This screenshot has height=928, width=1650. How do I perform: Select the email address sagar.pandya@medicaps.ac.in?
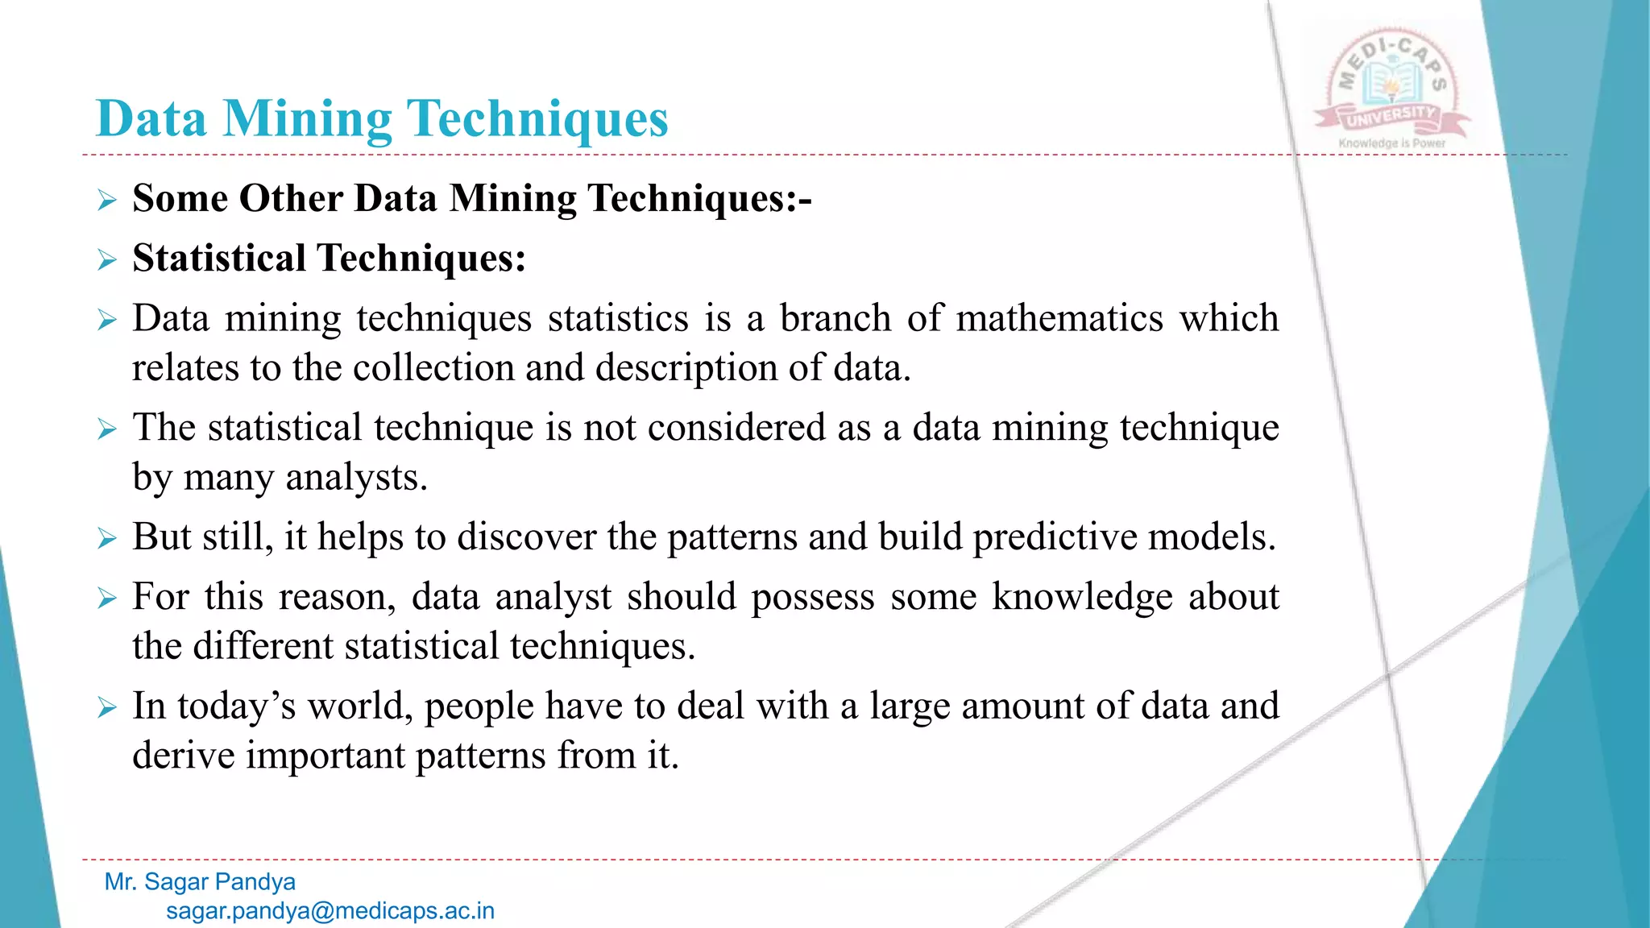(330, 911)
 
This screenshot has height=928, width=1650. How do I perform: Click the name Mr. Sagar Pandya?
(200, 882)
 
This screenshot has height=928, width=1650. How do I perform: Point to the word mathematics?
(1059, 318)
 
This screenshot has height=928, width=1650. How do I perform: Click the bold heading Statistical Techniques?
(329, 259)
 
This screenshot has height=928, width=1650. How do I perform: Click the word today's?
(237, 706)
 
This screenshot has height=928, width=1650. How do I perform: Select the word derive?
(183, 756)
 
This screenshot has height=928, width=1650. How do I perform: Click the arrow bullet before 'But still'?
(107, 538)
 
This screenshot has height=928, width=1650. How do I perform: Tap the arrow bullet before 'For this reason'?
(107, 599)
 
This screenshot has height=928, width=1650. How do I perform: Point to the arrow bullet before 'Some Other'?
(107, 200)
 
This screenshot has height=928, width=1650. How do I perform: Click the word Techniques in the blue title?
(539, 119)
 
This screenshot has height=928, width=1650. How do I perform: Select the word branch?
(835, 318)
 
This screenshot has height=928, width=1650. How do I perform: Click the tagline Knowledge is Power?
(1391, 143)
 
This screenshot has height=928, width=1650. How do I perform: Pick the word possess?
(813, 597)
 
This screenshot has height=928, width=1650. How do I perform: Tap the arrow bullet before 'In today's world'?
(107, 707)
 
